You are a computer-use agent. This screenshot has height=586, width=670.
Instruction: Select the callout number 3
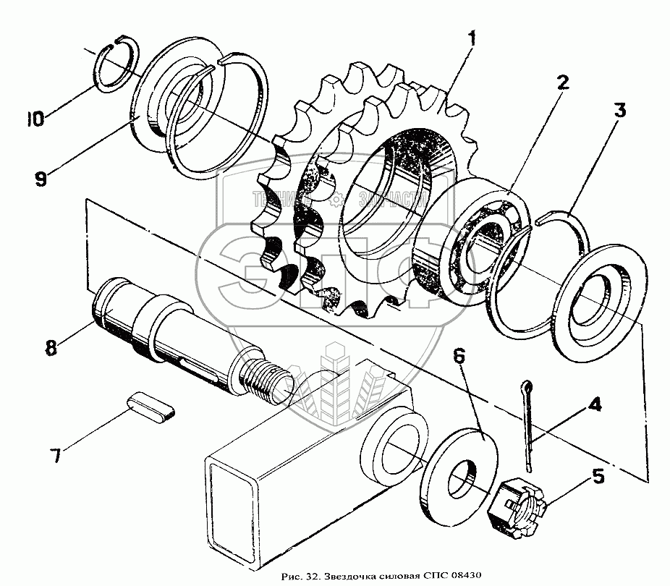pos(621,111)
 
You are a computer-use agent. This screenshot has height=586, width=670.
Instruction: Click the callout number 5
pos(597,476)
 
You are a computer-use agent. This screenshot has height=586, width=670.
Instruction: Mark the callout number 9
pos(40,178)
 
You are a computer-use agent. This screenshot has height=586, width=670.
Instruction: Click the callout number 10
pos(35,117)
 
